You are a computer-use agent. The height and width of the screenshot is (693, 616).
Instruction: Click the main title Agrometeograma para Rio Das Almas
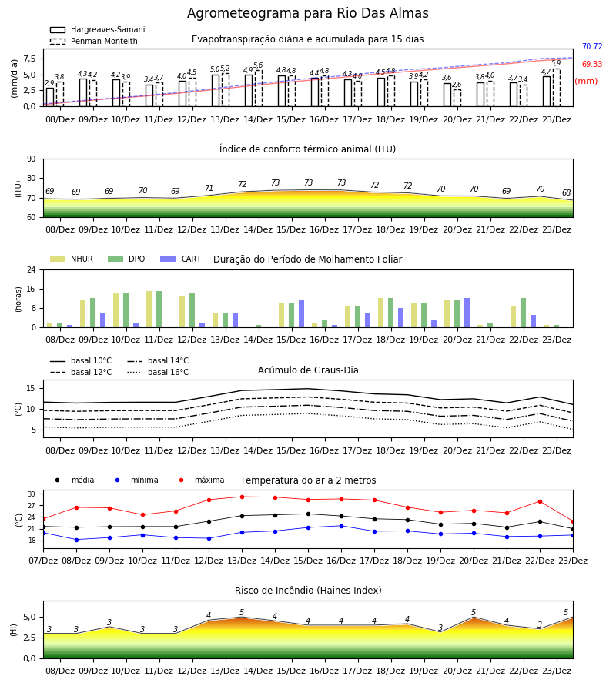(x=307, y=13)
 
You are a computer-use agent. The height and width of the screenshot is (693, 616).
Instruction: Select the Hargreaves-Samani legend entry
(x=97, y=29)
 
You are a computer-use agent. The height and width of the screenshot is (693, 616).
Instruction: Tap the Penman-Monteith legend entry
(x=94, y=41)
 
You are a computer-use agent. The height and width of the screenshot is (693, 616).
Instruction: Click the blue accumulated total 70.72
(x=592, y=46)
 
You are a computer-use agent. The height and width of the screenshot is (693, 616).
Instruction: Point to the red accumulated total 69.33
(x=592, y=64)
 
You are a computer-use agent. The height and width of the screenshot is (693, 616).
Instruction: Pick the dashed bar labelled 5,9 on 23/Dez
(x=557, y=88)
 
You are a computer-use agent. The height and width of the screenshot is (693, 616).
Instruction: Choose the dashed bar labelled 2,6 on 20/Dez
(x=457, y=98)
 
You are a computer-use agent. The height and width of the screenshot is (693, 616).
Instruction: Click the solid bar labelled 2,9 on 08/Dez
(x=50, y=97)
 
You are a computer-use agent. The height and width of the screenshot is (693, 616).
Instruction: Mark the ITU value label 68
(x=567, y=192)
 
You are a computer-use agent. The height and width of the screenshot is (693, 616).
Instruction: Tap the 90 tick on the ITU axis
(x=31, y=159)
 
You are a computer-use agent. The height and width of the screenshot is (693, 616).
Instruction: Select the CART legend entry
(x=181, y=259)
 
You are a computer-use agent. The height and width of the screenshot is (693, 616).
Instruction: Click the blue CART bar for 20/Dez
(x=467, y=313)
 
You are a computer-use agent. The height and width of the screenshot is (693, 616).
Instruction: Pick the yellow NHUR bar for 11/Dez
(x=149, y=310)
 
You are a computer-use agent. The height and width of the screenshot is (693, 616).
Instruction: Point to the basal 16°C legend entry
(x=158, y=372)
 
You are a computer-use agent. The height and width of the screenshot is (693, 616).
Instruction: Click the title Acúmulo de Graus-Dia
(x=308, y=370)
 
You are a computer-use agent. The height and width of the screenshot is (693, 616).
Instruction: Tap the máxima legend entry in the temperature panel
(x=199, y=480)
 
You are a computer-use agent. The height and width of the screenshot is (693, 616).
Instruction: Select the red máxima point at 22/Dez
(x=540, y=501)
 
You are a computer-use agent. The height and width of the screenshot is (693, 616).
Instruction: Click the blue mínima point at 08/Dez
(x=76, y=540)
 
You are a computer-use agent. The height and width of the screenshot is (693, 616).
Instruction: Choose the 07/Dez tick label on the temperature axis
(x=43, y=561)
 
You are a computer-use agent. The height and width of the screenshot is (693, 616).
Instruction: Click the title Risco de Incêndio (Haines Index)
(x=308, y=591)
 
